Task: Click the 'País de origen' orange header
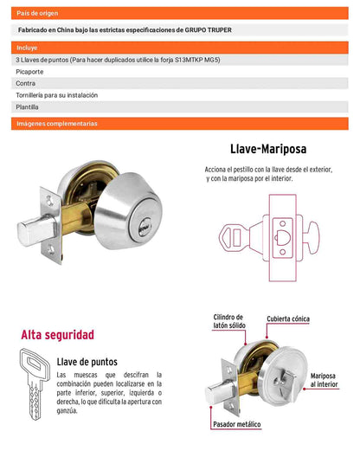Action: point(179,13)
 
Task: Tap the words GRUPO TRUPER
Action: point(209,30)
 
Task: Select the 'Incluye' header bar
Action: point(179,48)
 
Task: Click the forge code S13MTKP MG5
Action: point(197,60)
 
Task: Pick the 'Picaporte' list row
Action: point(179,72)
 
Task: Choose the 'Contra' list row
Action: point(179,83)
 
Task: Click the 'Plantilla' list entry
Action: point(179,107)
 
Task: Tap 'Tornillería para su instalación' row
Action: point(179,95)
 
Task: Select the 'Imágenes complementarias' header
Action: point(179,124)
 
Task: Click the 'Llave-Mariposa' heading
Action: point(268,149)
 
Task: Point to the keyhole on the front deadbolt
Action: point(145,225)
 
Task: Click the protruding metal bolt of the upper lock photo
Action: point(36,230)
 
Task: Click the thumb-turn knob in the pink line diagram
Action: point(312,237)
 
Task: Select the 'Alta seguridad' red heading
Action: point(57,335)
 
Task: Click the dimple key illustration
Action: point(35,383)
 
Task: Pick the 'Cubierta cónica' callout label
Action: point(288,319)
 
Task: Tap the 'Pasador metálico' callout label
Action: point(237,424)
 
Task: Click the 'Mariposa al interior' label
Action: point(324,380)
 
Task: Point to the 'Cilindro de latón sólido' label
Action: point(229,321)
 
